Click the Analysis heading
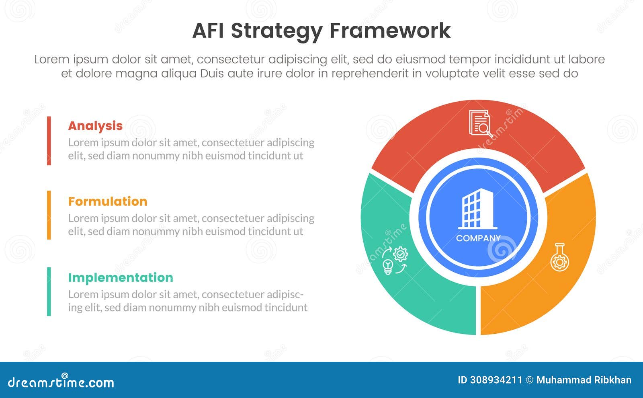pos(95,126)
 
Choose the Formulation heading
pos(108,201)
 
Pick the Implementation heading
pos(121,278)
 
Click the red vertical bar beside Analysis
pos(49,141)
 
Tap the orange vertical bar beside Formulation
pos(49,215)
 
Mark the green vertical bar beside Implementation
pos(49,291)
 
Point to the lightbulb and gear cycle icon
pos(395,261)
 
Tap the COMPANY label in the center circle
pos(478,238)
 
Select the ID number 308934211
pos(496,380)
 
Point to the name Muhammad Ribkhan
pos(584,380)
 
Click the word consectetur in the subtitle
pos(231,59)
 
